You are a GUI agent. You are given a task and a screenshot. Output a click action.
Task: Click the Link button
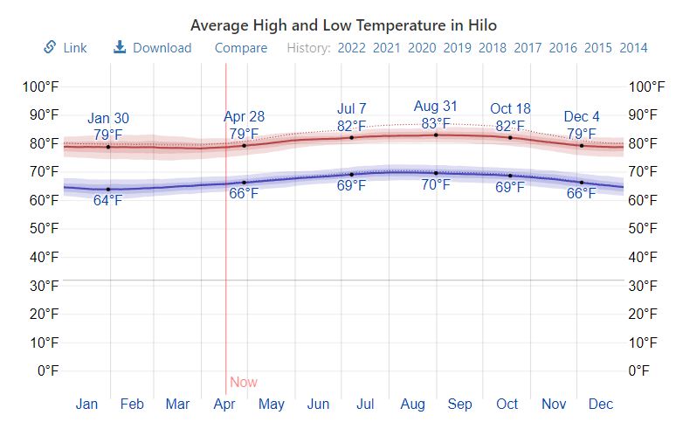pyautogui.click(x=66, y=48)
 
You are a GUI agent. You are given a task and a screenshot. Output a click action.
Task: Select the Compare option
pyautogui.click(x=241, y=48)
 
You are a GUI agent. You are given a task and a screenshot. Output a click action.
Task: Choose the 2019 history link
pyautogui.click(x=457, y=48)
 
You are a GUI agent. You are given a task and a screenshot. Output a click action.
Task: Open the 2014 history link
pyautogui.click(x=633, y=48)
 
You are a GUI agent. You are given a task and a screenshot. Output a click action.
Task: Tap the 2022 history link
pyautogui.click(x=351, y=48)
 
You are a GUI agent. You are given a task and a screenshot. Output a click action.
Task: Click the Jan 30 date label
pyautogui.click(x=108, y=119)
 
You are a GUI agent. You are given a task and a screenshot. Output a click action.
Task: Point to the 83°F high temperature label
pyautogui.click(x=436, y=123)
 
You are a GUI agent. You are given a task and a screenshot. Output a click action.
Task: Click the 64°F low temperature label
pyautogui.click(x=108, y=201)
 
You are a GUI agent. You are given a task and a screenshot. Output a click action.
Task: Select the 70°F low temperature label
pyautogui.click(x=436, y=184)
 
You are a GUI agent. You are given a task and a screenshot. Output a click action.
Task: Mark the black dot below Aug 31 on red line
pyautogui.click(x=436, y=135)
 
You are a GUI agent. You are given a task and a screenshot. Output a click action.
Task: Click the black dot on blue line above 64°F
pyautogui.click(x=108, y=189)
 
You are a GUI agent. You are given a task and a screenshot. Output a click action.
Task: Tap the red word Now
pyautogui.click(x=244, y=382)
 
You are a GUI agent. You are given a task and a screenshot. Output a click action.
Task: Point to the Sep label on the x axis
pyautogui.click(x=460, y=404)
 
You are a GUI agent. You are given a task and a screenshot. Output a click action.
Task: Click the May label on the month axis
pyautogui.click(x=272, y=404)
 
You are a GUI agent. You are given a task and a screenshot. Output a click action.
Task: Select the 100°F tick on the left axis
pyautogui.click(x=41, y=86)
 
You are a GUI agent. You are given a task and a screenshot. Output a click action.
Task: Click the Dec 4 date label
pyautogui.click(x=582, y=116)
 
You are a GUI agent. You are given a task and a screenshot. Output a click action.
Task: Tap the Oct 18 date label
pyautogui.click(x=510, y=109)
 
